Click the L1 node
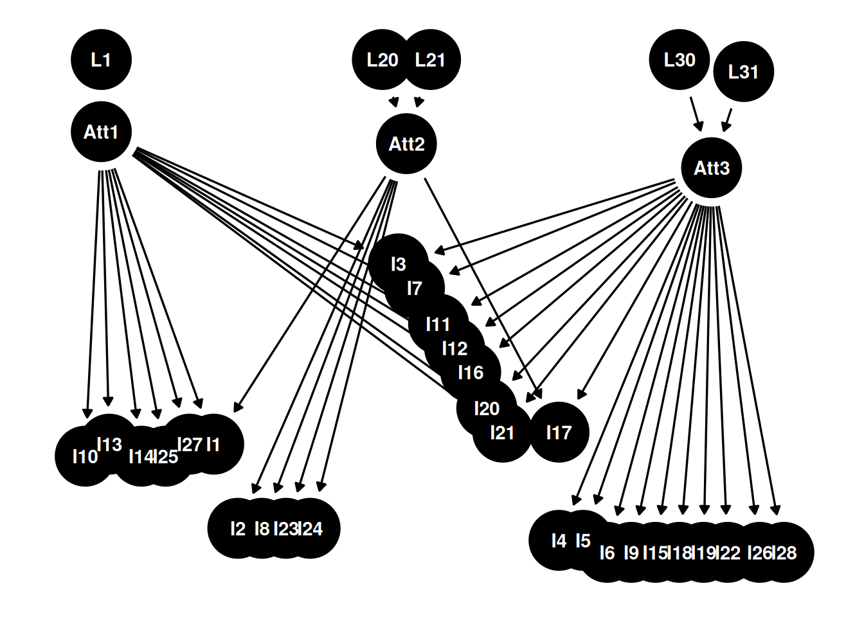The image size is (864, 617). pyautogui.click(x=101, y=60)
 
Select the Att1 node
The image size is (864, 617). pyautogui.click(x=101, y=132)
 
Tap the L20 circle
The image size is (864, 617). pyautogui.click(x=382, y=60)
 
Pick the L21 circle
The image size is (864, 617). pyautogui.click(x=430, y=60)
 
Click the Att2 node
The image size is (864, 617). pyautogui.click(x=406, y=144)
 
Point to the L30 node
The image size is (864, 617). pyautogui.click(x=679, y=60)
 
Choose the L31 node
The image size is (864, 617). pyautogui.click(x=743, y=72)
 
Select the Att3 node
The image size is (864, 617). pyautogui.click(x=711, y=168)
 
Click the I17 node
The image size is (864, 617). pyautogui.click(x=559, y=433)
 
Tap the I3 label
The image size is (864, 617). pyautogui.click(x=399, y=265)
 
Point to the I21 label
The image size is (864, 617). pyautogui.click(x=502, y=433)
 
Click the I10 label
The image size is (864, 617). pyautogui.click(x=85, y=456)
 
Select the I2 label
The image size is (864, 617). pyautogui.click(x=238, y=529)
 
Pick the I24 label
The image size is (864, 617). pyautogui.click(x=310, y=529)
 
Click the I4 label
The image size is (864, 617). pyautogui.click(x=559, y=541)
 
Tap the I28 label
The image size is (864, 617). pyautogui.click(x=784, y=553)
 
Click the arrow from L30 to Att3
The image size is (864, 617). pyautogui.click(x=696, y=114)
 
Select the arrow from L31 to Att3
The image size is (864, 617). pyautogui.click(x=726, y=120)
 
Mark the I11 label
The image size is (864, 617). pyautogui.click(x=438, y=325)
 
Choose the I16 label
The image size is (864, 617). pyautogui.click(x=471, y=373)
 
